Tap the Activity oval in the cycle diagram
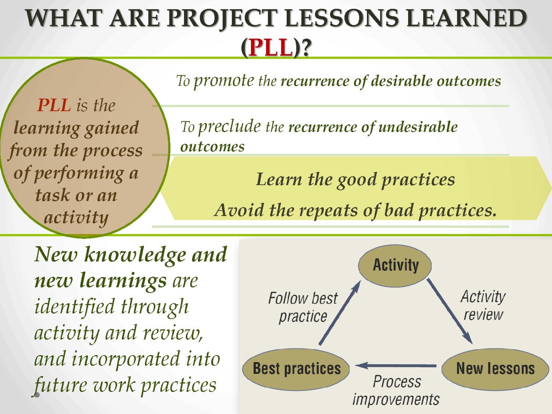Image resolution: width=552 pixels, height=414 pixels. point(395,265)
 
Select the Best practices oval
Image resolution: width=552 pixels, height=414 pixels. point(296,369)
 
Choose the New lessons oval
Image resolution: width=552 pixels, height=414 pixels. point(495,369)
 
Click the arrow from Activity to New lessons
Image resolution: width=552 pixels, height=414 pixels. point(450,311)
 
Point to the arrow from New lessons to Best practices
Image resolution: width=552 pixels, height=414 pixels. point(396,365)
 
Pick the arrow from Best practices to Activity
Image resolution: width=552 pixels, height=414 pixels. point(340,313)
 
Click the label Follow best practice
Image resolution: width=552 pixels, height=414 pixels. point(303,307)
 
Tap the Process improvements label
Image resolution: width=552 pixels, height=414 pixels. point(396,391)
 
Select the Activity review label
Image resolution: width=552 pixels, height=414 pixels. point(483,305)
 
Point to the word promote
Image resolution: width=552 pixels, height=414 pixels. point(224,81)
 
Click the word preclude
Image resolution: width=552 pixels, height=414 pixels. point(229,127)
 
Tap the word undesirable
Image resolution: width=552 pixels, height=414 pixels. point(418,127)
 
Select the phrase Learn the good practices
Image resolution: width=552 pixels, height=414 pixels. point(355,180)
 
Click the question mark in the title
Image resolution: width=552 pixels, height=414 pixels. point(306,47)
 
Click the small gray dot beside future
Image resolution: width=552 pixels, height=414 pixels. point(37,395)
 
